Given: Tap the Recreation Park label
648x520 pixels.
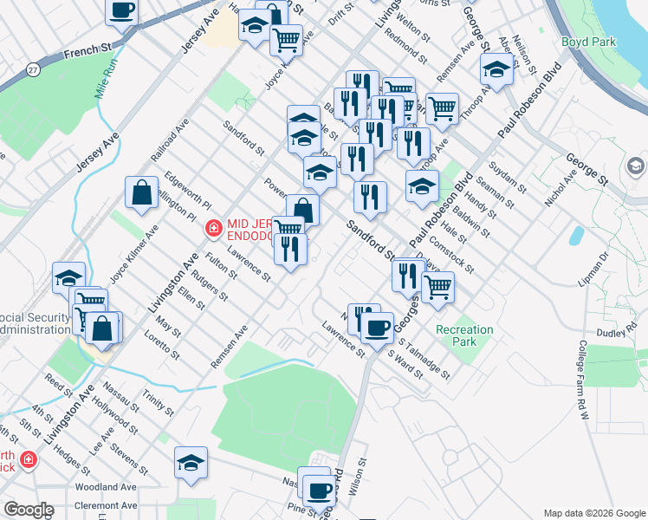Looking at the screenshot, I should (x=464, y=335).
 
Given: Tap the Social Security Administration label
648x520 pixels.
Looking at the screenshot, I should (x=35, y=323).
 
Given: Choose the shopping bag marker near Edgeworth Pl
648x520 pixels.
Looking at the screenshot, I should (x=141, y=193).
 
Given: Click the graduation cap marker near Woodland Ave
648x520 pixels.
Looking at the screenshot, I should (x=191, y=463).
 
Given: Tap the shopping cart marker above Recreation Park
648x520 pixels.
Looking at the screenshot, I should (x=438, y=284).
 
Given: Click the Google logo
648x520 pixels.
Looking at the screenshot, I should (x=29, y=510).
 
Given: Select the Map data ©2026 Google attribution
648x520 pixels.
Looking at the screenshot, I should (x=593, y=512).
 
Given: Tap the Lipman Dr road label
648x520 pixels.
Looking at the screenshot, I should (x=594, y=268).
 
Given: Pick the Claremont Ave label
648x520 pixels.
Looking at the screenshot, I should (x=106, y=505).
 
